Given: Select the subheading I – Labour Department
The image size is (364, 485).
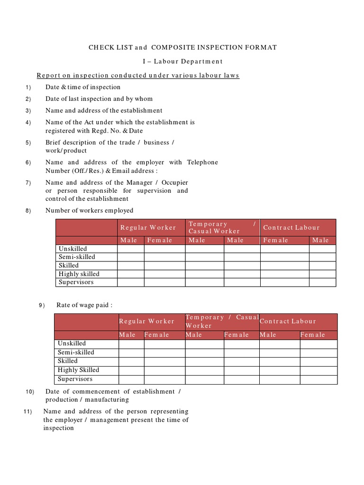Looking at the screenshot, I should [182, 61].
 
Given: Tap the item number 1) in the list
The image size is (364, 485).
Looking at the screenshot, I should [28, 88].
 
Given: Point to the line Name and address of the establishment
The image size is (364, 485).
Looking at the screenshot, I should [104, 110].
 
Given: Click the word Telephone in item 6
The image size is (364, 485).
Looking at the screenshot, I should [202, 162].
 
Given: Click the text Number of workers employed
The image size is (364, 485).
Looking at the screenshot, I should [89, 210].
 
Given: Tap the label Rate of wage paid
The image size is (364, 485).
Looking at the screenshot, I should [84, 305].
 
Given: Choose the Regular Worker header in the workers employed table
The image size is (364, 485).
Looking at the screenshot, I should [148, 228].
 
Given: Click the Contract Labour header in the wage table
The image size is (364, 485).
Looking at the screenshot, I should [288, 321].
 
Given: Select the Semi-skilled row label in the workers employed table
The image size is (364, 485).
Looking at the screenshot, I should [77, 257].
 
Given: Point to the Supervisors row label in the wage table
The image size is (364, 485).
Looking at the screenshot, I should [75, 379].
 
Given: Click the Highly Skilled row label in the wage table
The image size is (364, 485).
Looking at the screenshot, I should [78, 370].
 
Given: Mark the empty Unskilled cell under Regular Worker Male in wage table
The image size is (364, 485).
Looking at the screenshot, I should [131, 344].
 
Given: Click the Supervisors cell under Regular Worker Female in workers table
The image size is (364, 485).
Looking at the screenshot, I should [164, 282].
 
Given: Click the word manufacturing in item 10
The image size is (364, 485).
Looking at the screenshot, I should [108, 400].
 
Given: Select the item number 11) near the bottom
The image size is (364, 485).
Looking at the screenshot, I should [27, 412].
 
